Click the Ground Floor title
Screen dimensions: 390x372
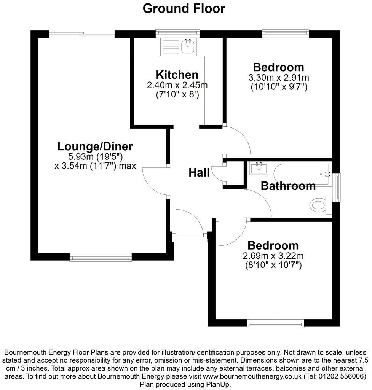(x=184, y=8)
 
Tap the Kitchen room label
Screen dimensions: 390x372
(x=177, y=75)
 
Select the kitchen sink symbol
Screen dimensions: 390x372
(x=188, y=47)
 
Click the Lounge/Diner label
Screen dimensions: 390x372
(x=95, y=146)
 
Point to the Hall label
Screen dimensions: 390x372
(x=199, y=173)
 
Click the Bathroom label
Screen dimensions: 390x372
(x=288, y=186)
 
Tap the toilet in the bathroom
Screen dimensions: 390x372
(x=318, y=206)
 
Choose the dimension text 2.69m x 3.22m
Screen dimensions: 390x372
(x=273, y=256)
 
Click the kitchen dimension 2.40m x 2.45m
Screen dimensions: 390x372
(x=177, y=85)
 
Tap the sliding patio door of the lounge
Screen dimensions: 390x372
(x=81, y=34)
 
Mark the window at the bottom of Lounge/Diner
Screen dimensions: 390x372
(x=101, y=258)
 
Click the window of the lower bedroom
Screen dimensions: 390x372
(x=275, y=323)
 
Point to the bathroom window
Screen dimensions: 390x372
(x=336, y=187)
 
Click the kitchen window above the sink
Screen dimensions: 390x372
(x=178, y=34)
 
